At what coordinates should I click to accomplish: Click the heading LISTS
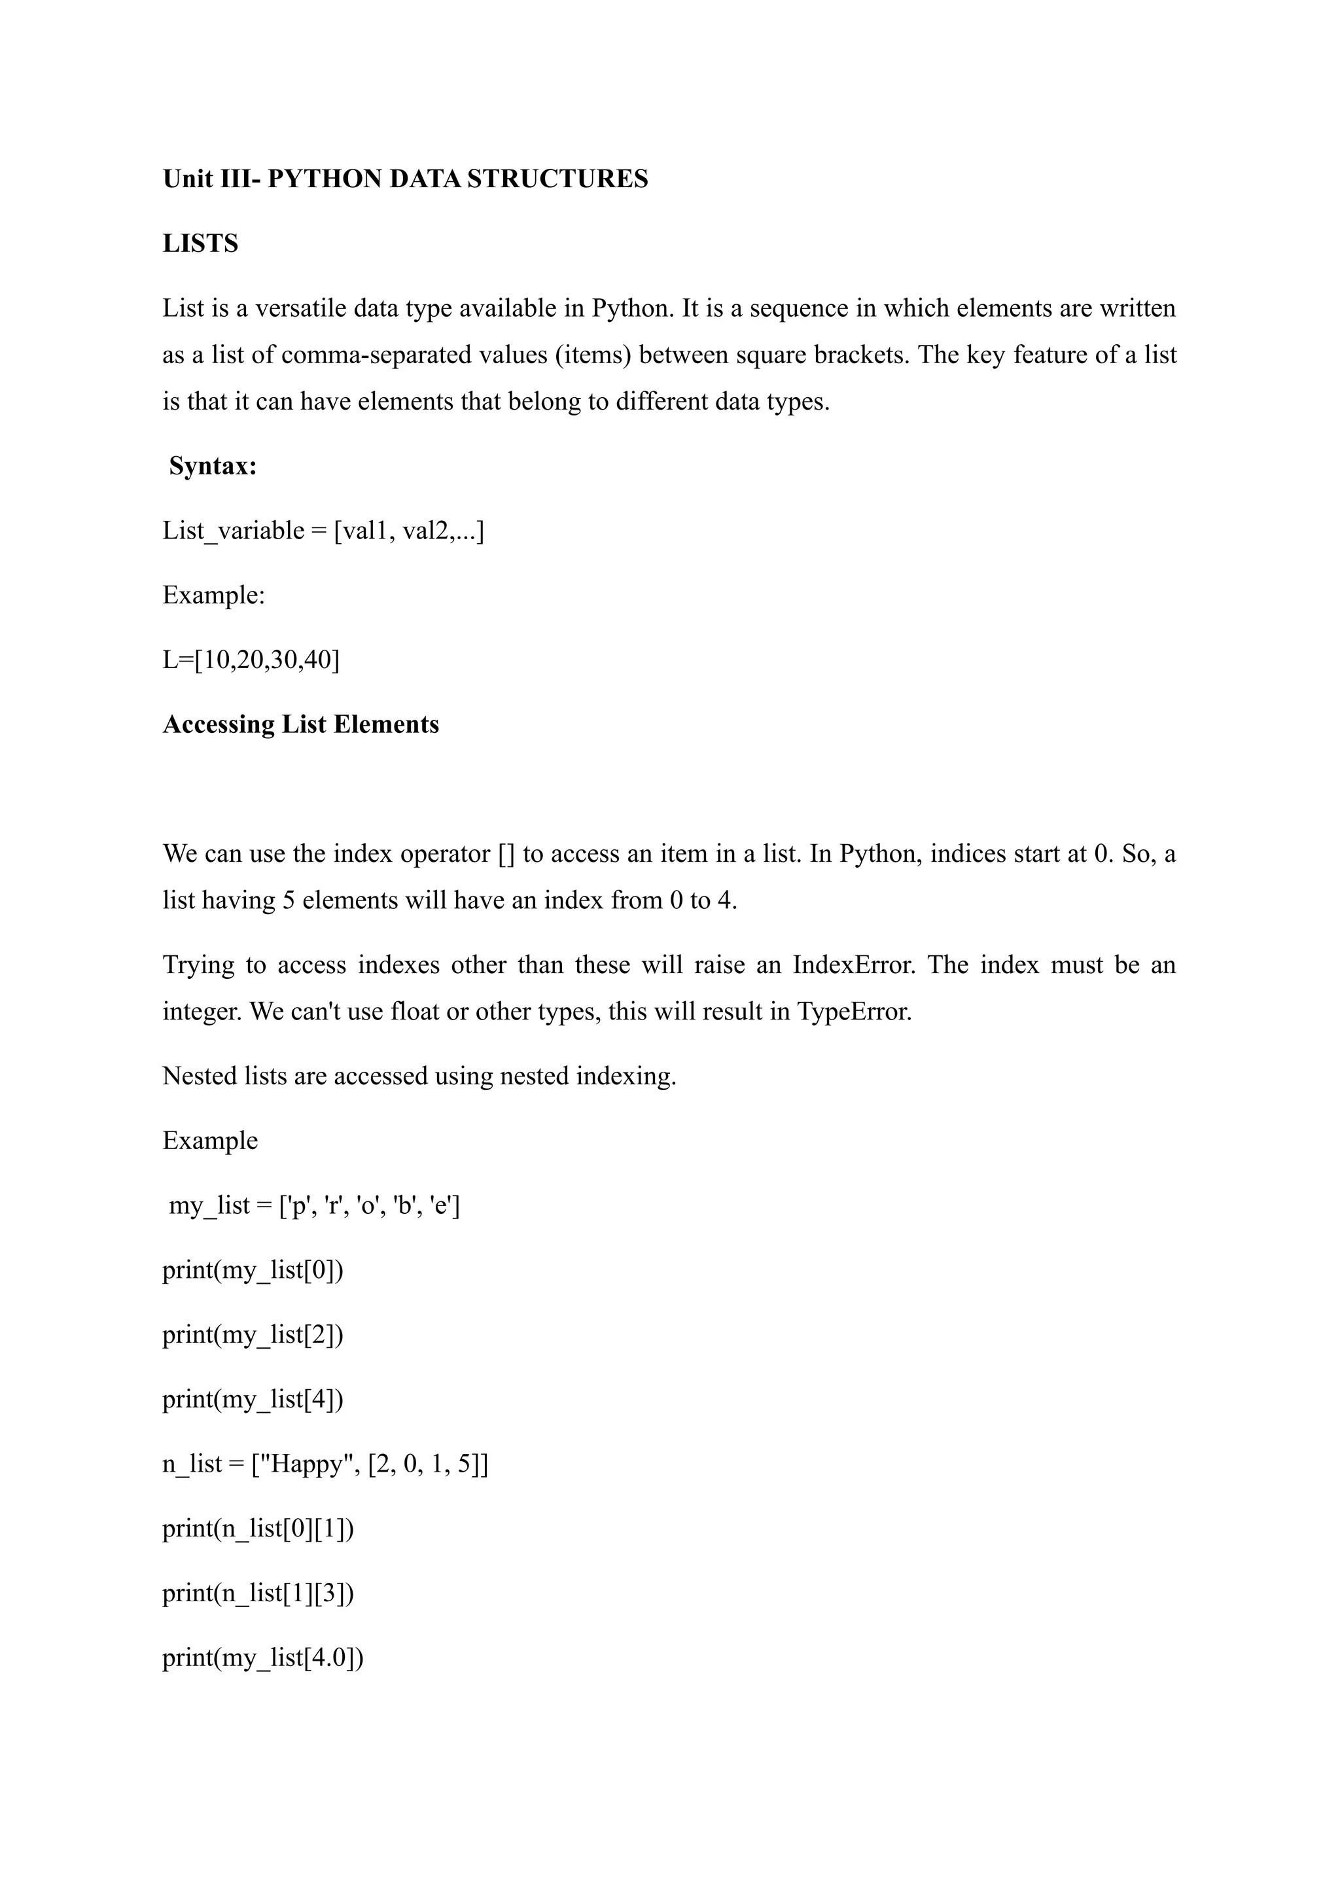click(x=200, y=243)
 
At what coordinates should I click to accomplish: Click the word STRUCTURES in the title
click(x=557, y=179)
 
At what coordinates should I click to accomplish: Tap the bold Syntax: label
click(x=213, y=467)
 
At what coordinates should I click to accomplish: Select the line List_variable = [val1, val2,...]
click(x=323, y=530)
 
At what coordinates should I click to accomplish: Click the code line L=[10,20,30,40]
click(x=251, y=660)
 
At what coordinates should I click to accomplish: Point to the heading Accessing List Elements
click(x=300, y=724)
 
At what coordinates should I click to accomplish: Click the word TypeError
click(x=854, y=1011)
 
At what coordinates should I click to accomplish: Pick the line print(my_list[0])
click(x=253, y=1269)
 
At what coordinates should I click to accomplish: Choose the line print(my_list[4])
click(x=253, y=1399)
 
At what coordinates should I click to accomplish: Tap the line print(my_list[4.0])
click(x=262, y=1657)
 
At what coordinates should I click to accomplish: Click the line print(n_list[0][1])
click(x=257, y=1528)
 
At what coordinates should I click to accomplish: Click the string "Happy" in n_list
click(x=306, y=1463)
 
